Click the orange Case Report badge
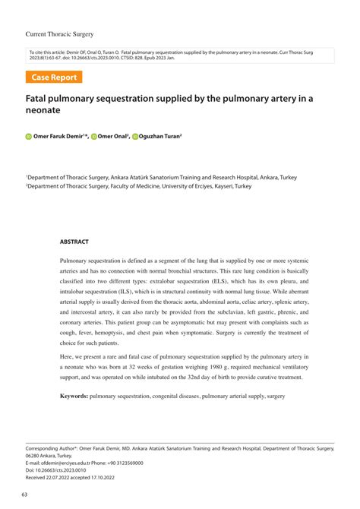55,77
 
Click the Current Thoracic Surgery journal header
61,14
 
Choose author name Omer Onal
113,138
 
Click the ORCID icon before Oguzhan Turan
134,138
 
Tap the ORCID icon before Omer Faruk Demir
28,138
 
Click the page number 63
26,495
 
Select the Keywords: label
74,397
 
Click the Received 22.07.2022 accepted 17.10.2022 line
71,478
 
